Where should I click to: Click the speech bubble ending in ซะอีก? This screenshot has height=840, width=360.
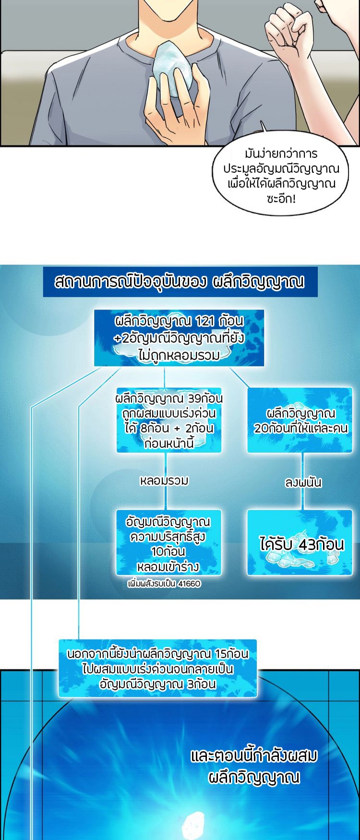pos(281,176)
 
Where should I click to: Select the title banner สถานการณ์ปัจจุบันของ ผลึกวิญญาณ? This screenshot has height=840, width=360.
pos(180,282)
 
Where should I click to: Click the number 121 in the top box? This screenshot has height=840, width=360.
pos(205,321)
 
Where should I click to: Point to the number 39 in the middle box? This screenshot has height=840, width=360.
pos(194,398)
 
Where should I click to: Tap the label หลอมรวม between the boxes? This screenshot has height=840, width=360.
pos(164,480)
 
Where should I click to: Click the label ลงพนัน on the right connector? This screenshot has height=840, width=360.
pos(303,482)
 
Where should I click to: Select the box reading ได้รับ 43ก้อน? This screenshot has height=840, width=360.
pos(300,543)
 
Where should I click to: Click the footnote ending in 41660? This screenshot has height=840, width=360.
pos(164,584)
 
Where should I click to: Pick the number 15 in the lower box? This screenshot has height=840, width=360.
pos(221,654)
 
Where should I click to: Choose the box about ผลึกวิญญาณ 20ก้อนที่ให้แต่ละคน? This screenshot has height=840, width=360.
pos(300,420)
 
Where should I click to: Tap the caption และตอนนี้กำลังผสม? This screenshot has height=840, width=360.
pos(254,756)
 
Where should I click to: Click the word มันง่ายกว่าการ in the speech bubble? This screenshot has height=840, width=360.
pos(281,154)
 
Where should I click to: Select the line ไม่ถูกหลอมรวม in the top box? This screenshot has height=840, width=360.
pos(179,355)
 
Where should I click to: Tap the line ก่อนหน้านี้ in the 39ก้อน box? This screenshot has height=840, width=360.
pos(168,443)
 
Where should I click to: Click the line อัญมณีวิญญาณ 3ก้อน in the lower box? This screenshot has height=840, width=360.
pos(157,684)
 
